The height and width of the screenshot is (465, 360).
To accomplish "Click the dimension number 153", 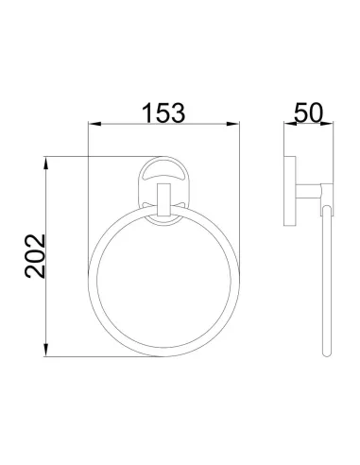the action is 163,112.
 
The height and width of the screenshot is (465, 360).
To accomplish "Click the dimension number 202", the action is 35,256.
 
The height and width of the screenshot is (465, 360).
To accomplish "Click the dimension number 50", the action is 309,112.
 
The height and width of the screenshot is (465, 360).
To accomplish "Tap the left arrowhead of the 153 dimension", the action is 94,124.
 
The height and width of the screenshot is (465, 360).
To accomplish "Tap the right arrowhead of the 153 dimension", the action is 233,124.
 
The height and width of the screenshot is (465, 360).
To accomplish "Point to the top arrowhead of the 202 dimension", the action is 46,163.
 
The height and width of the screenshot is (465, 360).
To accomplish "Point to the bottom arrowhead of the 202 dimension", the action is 46,350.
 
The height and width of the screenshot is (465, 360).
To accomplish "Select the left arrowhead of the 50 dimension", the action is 290,124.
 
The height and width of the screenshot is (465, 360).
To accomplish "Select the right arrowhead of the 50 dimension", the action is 327,124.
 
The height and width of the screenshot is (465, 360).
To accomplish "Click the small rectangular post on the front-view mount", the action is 163,199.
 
